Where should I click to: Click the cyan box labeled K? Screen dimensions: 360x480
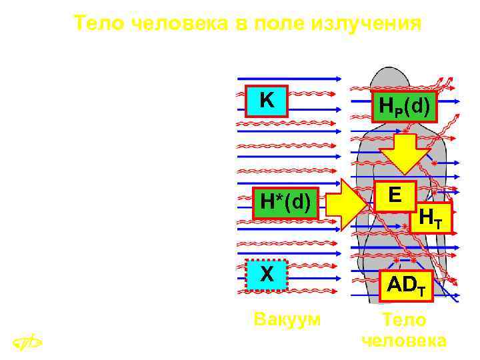(x=266, y=101)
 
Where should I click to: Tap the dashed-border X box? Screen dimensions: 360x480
(x=267, y=275)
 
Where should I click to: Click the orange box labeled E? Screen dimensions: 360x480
(x=395, y=195)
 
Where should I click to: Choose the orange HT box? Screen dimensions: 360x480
(x=431, y=217)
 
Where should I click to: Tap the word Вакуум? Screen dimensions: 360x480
(x=287, y=319)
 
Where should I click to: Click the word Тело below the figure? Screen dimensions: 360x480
(x=404, y=319)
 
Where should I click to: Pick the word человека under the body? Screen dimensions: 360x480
(x=404, y=341)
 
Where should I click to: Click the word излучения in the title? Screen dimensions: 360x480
(x=366, y=24)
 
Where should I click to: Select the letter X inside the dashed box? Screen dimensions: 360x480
(x=267, y=275)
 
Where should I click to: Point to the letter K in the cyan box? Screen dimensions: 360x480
(x=266, y=101)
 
